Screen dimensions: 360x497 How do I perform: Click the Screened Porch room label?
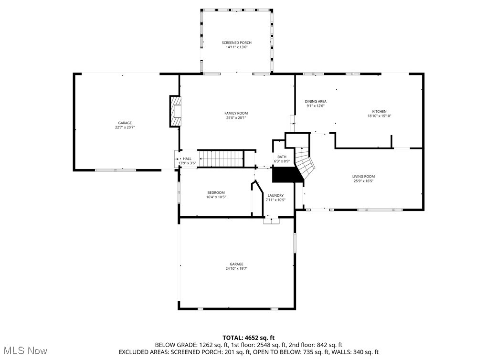pos(236,43)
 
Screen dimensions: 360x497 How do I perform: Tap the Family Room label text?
pos(236,113)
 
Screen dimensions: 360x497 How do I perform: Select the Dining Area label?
pos(316,101)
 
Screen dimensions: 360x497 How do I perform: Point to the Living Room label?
pos(363,177)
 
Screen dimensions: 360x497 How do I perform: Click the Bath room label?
pos(282,157)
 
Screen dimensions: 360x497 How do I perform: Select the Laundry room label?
pos(275,195)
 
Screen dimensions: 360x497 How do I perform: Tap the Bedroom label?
pos(216,193)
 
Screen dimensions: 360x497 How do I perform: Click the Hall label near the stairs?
pos(187,159)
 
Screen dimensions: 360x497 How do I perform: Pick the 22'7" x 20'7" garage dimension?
pos(125,127)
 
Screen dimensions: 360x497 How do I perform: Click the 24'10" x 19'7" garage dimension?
pos(236,269)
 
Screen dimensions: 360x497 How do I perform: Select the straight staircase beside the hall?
pos(221,158)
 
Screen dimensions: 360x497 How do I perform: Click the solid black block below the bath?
pos(287,175)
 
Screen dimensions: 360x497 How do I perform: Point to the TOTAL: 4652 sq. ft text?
pos(249,338)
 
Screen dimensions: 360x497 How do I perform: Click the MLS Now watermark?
pos(24,351)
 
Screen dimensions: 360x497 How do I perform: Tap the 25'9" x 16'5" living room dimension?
pos(363,181)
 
